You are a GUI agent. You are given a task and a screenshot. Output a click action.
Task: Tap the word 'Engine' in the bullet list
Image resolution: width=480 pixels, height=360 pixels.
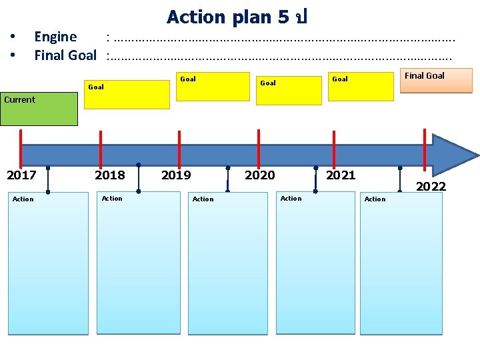[55, 37]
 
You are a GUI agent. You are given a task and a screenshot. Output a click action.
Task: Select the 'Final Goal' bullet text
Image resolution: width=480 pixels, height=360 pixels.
[65, 55]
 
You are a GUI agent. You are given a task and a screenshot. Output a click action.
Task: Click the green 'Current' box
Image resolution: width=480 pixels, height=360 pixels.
[39, 109]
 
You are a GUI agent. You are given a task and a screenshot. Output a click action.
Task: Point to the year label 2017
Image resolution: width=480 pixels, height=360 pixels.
[21, 175]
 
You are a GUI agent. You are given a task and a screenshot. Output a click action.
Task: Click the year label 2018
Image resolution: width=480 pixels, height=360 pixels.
[109, 175]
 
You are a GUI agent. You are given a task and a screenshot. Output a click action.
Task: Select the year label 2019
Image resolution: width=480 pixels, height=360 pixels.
[176, 175]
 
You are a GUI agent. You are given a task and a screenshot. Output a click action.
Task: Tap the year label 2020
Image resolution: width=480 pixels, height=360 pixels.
[259, 175]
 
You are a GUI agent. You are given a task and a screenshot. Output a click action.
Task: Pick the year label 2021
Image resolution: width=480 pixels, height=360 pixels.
[341, 175]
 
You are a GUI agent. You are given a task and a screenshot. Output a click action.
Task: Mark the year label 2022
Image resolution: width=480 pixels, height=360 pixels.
[431, 187]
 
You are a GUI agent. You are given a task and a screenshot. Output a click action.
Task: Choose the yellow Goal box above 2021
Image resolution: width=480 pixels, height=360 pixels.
[361, 87]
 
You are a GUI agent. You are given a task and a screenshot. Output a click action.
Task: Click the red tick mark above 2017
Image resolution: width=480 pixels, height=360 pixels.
[21, 145]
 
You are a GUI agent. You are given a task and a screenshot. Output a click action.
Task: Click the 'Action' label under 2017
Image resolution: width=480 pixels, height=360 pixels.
[23, 199]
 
